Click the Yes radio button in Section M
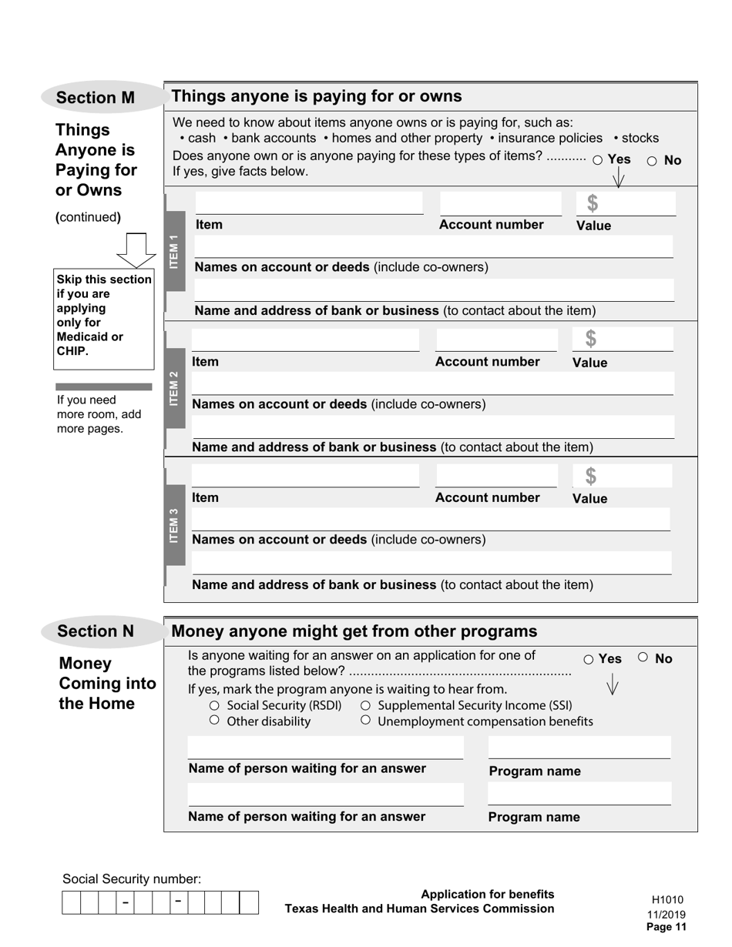pyautogui.click(x=598, y=160)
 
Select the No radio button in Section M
pyautogui.click(x=652, y=160)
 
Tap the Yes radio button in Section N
pyautogui.click(x=589, y=659)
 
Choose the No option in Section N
pyautogui.click(x=643, y=658)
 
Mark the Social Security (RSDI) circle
pyautogui.click(x=215, y=705)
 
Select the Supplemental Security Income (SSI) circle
pyautogui.click(x=366, y=705)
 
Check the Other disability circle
pyautogui.click(x=215, y=721)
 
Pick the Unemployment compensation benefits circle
pyautogui.click(x=366, y=721)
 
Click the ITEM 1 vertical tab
pyautogui.click(x=175, y=251)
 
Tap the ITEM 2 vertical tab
pyautogui.click(x=175, y=388)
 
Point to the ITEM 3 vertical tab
pyautogui.click(x=175, y=524)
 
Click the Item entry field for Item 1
pyautogui.click(x=308, y=204)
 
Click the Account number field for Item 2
pyautogui.click(x=496, y=340)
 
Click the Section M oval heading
pyautogui.click(x=96, y=98)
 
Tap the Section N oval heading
pyautogui.click(x=96, y=631)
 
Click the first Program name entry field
pyautogui.click(x=579, y=748)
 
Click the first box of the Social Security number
pyautogui.click(x=71, y=902)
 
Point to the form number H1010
pyautogui.click(x=667, y=899)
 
